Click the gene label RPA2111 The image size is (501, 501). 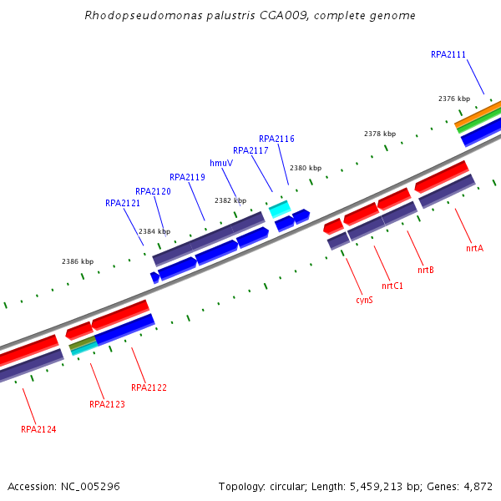pos(448,55)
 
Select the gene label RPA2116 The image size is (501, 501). pos(276,139)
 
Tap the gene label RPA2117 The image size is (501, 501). pos(250,151)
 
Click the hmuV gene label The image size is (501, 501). pos(220,163)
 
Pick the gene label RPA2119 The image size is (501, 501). pos(187,177)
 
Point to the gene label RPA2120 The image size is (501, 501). pos(153,192)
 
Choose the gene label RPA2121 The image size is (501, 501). pos(123,203)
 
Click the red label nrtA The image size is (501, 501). pos(474,248)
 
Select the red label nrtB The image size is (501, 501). pos(426,270)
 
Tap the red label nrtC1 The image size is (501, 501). pos(392,286)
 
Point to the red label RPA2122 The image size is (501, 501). pos(149,387)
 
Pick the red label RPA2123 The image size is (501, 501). pos(107,404)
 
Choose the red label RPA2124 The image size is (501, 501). pos(38,429)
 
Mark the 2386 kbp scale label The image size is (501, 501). pos(78,261)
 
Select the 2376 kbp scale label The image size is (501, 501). pos(454,99)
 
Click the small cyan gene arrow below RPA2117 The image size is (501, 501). pos(279,208)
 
